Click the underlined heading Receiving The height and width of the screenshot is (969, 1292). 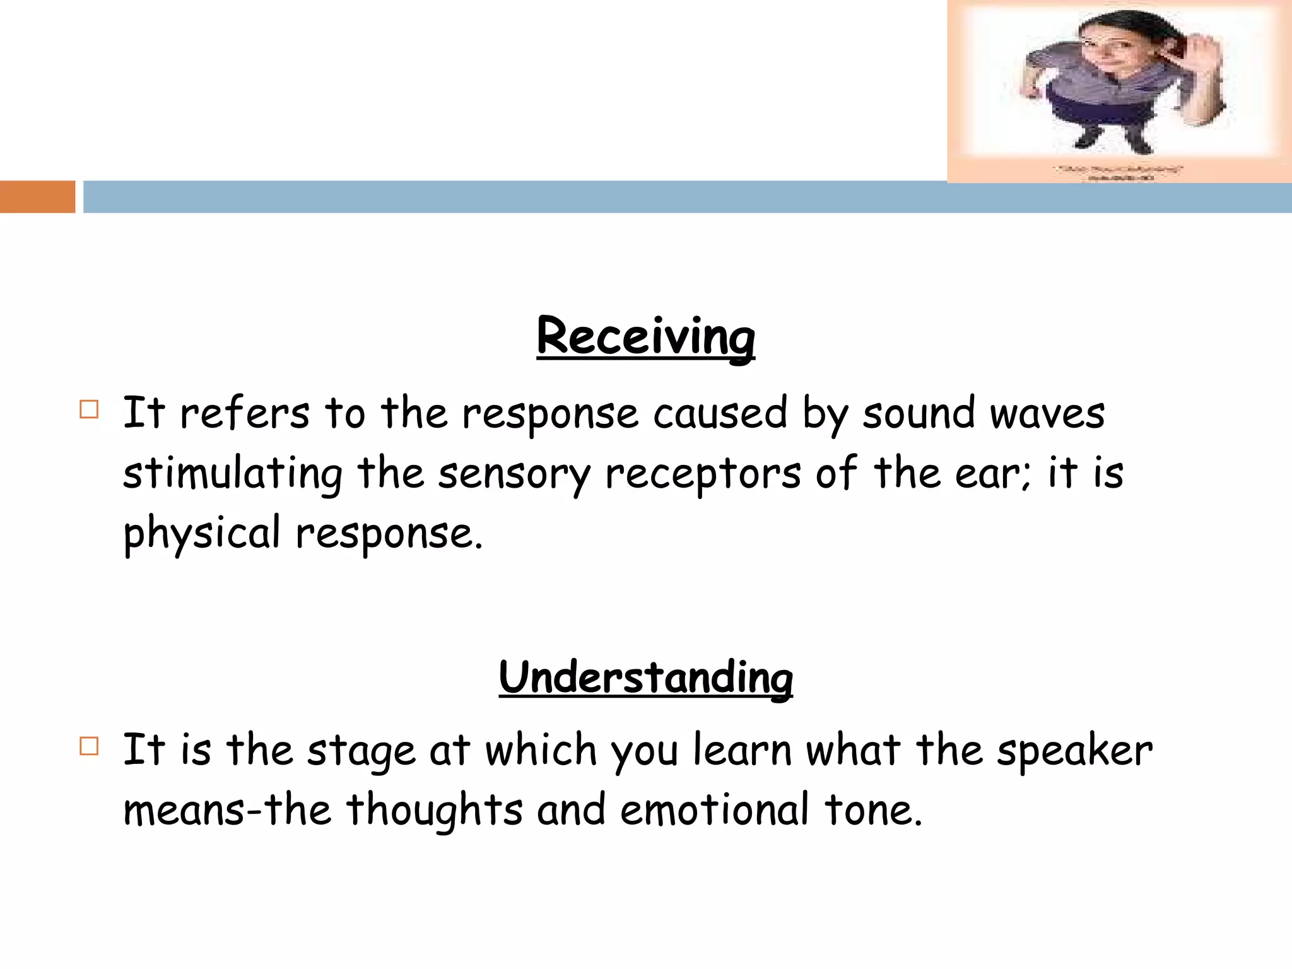pyautogui.click(x=645, y=336)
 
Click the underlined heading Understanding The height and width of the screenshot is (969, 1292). pyautogui.click(x=645, y=677)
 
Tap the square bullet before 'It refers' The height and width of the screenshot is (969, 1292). pyautogui.click(x=89, y=410)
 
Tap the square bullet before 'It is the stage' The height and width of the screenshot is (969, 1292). pyautogui.click(x=89, y=747)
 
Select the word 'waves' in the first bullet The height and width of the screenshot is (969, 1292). pyautogui.click(x=1047, y=414)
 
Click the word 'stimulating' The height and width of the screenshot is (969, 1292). pyautogui.click(x=233, y=474)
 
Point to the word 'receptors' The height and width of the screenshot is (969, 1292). pyautogui.click(x=703, y=474)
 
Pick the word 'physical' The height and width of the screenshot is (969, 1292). pyautogui.click(x=201, y=534)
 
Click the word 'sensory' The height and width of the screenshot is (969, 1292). pyautogui.click(x=514, y=474)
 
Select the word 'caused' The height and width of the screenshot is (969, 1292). pyautogui.click(x=720, y=414)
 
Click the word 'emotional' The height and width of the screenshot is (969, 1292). pyautogui.click(x=714, y=810)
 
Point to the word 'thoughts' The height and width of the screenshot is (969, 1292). pyautogui.click(x=434, y=810)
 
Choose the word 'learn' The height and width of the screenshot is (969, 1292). pyautogui.click(x=742, y=751)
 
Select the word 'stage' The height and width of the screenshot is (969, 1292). pyautogui.click(x=361, y=751)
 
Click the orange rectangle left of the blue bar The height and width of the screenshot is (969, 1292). pyautogui.click(x=37, y=197)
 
